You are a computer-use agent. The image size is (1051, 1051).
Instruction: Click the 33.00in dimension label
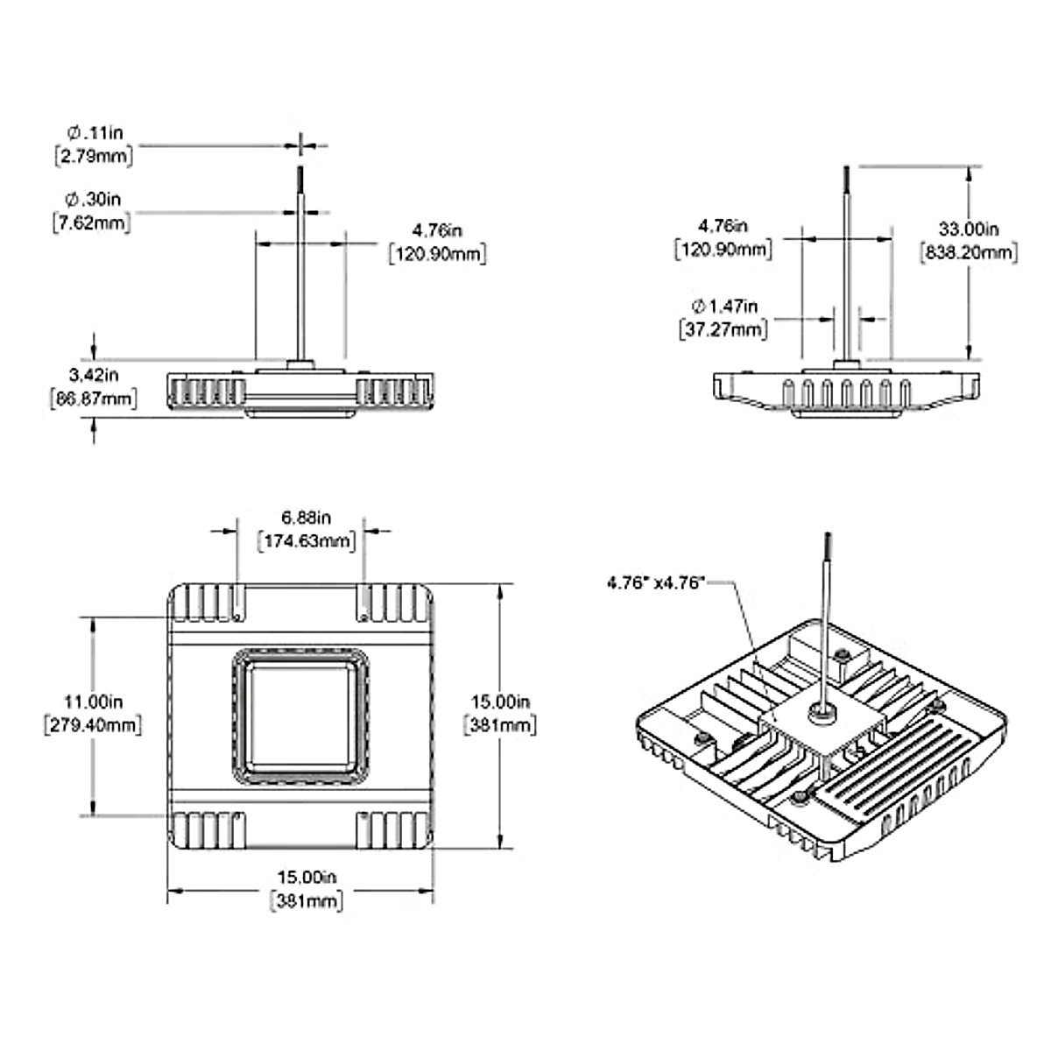[x=969, y=229]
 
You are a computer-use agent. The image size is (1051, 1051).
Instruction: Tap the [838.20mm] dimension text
[x=969, y=253]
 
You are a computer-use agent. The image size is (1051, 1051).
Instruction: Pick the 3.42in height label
[x=94, y=375]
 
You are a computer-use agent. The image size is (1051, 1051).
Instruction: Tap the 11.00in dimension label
[x=92, y=702]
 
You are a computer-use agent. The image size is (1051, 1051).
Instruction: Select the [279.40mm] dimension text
[x=92, y=725]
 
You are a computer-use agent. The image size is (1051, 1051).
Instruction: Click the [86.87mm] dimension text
[x=95, y=399]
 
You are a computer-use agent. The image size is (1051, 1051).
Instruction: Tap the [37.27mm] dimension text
[x=723, y=329]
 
